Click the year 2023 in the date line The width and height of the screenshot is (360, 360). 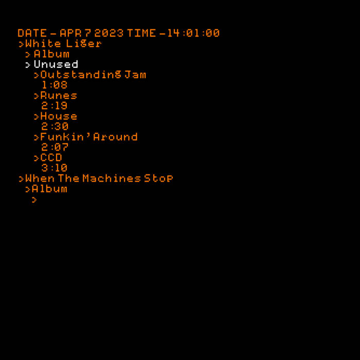(x=109, y=33)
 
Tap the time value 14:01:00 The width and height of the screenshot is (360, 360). (x=193, y=33)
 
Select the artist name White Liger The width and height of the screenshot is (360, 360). (x=63, y=44)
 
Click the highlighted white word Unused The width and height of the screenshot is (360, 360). (x=56, y=64)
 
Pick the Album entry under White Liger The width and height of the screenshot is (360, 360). (x=51, y=54)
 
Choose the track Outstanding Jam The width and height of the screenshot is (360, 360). (x=93, y=75)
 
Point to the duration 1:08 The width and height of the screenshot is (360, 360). (x=55, y=85)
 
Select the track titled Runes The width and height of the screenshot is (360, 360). (x=59, y=96)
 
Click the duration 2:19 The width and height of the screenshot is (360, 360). (x=55, y=106)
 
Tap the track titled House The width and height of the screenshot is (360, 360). (x=59, y=116)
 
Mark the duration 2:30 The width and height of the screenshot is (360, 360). (x=55, y=127)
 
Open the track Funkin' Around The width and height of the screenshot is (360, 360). (x=89, y=137)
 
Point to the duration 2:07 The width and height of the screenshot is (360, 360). (x=55, y=147)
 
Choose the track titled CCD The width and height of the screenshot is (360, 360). (x=51, y=157)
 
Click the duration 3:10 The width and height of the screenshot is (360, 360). (x=55, y=168)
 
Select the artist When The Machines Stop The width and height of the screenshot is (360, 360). (x=99, y=178)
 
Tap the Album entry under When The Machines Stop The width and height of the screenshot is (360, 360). (x=49, y=189)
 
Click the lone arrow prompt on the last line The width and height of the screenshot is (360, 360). (x=34, y=200)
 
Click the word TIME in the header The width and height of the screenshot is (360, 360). (x=141, y=33)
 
